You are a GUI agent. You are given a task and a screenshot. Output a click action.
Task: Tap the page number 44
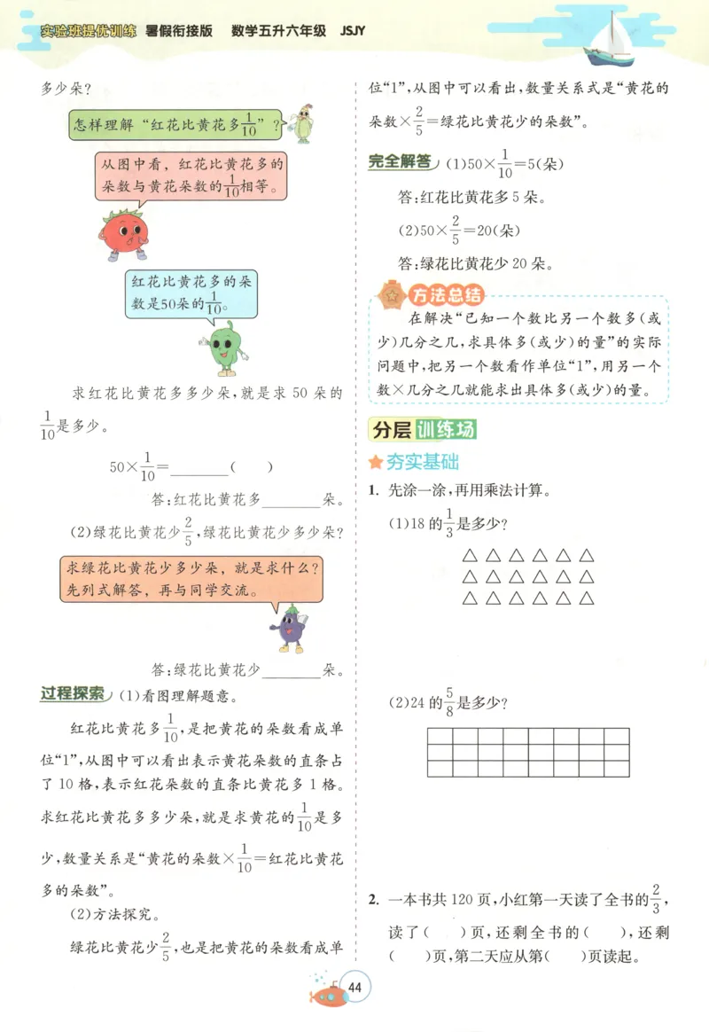(356, 989)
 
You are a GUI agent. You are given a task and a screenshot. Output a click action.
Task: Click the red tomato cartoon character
(121, 233)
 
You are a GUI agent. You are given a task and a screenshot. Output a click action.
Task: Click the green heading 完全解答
(401, 162)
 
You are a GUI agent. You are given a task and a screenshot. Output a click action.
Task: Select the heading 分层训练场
(423, 430)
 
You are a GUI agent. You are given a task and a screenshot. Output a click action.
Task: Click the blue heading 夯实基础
(422, 462)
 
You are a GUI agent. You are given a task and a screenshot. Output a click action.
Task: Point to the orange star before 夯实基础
(376, 462)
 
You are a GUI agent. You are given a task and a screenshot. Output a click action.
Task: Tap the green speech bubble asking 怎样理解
(175, 125)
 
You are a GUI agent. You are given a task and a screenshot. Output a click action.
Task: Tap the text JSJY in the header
(352, 30)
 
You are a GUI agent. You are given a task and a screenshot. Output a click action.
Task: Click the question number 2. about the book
(374, 900)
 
